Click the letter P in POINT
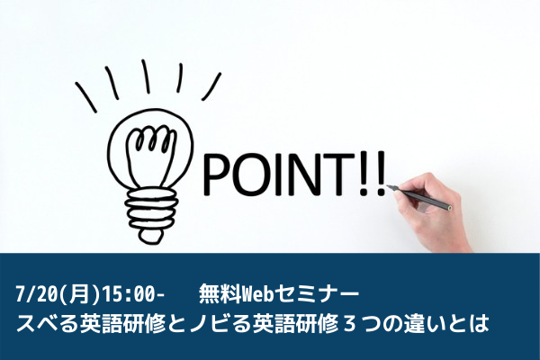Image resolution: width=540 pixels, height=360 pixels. [x=212, y=175]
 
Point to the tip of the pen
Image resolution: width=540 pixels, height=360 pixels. [x=387, y=186]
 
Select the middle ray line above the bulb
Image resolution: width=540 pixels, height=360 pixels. [x=145, y=76]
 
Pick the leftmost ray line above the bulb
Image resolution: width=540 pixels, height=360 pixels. [x=86, y=97]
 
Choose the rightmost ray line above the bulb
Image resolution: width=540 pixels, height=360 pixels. [x=211, y=86]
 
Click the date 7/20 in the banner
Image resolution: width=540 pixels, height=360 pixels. [x=37, y=295]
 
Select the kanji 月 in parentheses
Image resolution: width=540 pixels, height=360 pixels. [x=78, y=295]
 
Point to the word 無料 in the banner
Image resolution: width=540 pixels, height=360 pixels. [x=220, y=295]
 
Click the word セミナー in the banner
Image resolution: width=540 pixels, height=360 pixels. [x=317, y=295]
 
